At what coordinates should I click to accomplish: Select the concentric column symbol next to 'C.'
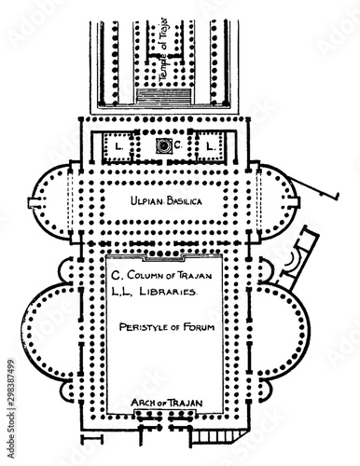tap(164, 146)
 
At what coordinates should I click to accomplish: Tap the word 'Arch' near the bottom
tap(142, 403)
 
